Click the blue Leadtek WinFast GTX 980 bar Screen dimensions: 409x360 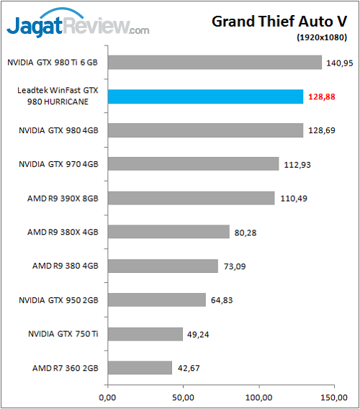205,96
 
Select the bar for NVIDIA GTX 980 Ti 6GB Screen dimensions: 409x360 215,63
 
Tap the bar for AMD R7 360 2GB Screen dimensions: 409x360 140,368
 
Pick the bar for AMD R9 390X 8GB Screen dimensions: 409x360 191,198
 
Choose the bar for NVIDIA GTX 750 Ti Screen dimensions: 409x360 145,334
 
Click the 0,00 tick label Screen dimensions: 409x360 107,397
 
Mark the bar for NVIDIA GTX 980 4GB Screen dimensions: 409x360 205,130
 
